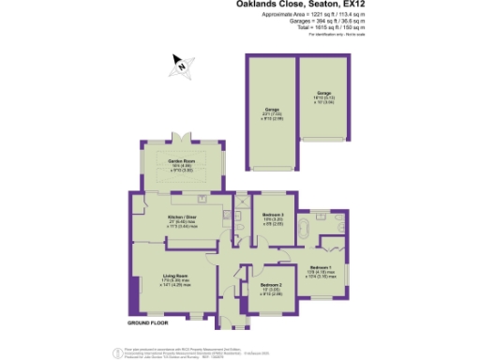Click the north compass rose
181,65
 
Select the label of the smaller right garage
323,94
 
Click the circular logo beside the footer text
117,351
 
